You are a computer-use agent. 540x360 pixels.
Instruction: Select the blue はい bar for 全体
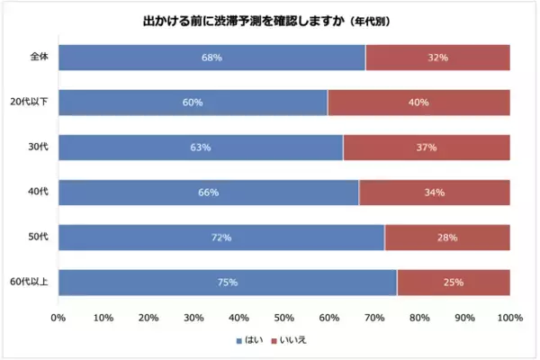(212, 57)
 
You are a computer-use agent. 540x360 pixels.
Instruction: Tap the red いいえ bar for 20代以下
(418, 102)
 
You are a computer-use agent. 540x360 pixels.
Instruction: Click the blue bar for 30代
(201, 147)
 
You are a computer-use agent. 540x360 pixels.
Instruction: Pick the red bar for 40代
(434, 192)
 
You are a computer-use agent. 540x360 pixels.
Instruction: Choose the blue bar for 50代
(221, 238)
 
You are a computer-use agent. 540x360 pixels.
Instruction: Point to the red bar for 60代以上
(453, 283)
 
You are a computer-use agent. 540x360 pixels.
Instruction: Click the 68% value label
(212, 57)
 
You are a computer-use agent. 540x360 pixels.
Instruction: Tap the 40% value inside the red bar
(418, 102)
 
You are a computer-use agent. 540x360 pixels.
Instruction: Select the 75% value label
(228, 283)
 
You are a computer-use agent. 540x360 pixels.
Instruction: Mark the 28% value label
(447, 238)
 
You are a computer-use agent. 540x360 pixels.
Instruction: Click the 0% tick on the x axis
(58, 317)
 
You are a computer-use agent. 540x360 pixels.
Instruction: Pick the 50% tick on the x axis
(284, 317)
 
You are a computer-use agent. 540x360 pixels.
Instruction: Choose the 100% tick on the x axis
(509, 317)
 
